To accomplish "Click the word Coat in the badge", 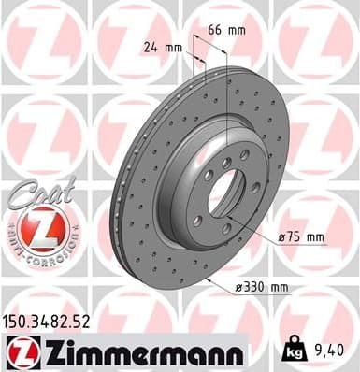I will click(x=36, y=188).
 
